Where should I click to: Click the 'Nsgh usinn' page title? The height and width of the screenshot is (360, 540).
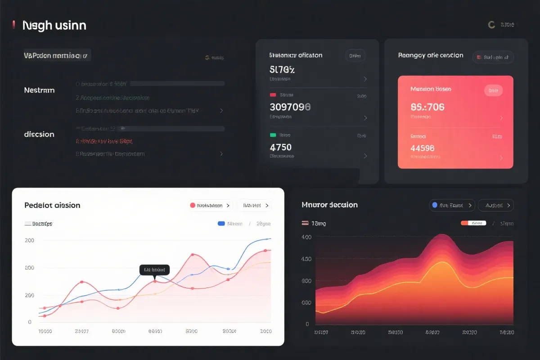(54, 26)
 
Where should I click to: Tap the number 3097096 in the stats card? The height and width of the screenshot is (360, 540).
(290, 107)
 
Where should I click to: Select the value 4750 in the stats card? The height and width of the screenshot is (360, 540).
(280, 147)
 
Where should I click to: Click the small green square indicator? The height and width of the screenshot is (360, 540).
(273, 135)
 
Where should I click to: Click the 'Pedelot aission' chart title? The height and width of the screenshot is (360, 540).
(52, 205)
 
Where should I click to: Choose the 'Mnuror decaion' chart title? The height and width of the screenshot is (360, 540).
(329, 205)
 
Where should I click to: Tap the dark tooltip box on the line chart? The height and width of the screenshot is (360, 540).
(154, 270)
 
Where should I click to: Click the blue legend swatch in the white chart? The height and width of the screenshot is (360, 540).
(221, 224)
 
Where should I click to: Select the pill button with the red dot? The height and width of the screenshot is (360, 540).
(211, 205)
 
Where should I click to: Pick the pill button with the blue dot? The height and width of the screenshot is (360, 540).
(452, 205)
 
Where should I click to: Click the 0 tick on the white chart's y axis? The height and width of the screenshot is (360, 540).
(30, 322)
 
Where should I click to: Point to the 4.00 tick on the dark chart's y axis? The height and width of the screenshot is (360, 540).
(306, 237)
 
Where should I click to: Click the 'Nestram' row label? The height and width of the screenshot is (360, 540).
(39, 90)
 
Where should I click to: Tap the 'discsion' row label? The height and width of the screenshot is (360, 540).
(39, 134)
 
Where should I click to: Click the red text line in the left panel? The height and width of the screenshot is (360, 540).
(104, 141)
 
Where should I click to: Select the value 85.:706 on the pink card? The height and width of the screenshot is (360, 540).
(427, 107)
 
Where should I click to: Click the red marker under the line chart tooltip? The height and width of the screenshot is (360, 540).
(155, 281)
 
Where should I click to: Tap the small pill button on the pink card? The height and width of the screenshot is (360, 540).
(493, 90)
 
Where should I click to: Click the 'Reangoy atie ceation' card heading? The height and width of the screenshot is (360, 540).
(430, 55)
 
